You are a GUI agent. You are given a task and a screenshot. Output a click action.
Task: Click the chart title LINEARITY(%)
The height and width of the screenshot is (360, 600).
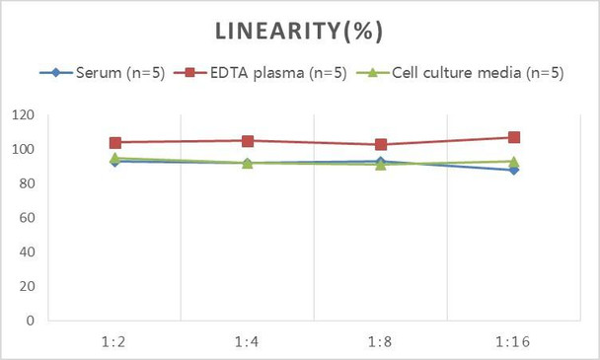300,32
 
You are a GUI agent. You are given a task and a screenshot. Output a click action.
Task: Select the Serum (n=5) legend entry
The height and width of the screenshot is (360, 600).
111,73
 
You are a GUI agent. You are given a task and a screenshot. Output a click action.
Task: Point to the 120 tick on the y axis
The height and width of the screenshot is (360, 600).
22,115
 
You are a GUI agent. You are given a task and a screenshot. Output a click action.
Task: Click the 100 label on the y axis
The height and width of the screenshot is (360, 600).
22,150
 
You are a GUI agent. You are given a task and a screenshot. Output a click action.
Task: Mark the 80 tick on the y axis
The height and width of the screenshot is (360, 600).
26,183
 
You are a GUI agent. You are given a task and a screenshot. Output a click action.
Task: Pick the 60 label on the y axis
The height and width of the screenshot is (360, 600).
26,218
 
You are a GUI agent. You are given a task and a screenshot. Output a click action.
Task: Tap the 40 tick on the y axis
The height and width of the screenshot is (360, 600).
26,252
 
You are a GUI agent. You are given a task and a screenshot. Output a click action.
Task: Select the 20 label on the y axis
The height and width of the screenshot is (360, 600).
26,286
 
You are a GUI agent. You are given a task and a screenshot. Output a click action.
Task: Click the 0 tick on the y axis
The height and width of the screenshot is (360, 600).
30,321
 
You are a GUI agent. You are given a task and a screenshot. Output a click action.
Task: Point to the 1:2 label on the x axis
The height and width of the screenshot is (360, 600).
115,340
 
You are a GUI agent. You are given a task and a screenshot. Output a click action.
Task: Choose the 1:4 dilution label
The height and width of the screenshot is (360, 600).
248,340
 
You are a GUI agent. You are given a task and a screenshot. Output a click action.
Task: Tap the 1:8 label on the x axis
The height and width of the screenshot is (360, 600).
380,340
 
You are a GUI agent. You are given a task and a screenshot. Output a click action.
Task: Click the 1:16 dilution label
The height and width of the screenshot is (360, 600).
513,340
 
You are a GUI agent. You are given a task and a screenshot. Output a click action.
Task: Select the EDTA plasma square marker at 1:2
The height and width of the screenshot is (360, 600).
115,143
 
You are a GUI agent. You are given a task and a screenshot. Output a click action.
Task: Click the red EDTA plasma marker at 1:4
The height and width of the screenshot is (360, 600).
248,141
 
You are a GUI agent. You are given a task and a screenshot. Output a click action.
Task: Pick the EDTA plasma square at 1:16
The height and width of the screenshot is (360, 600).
513,137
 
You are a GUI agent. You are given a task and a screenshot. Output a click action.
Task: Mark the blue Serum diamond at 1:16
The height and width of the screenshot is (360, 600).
513,170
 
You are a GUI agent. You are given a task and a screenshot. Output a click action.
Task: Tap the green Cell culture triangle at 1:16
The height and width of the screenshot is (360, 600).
513,161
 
